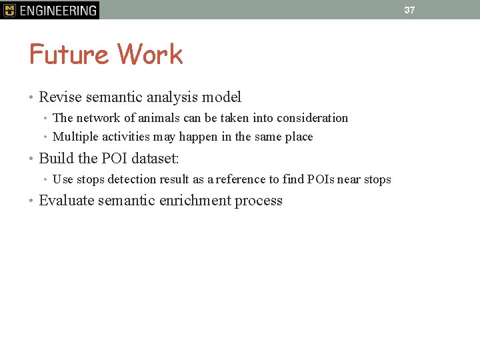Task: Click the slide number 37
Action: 409,10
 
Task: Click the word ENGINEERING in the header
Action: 58,11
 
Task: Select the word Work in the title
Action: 150,55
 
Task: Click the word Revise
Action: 60,97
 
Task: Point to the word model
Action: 221,97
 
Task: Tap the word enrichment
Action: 197,201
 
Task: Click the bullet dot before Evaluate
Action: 31,201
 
